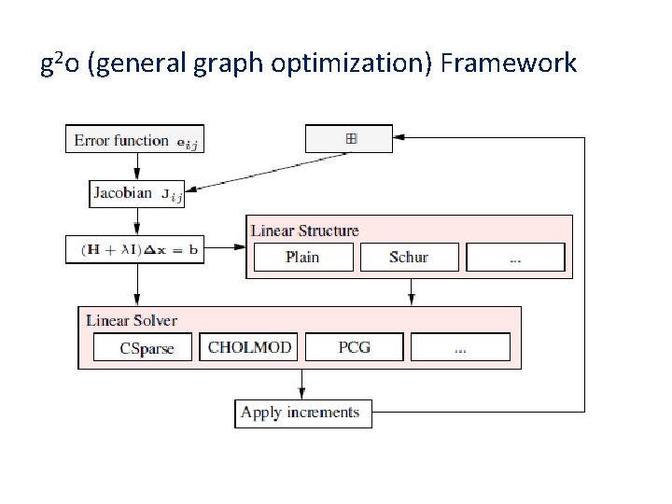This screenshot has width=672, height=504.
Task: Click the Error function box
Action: pos(136,140)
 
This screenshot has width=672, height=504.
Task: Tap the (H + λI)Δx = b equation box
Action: pos(135,250)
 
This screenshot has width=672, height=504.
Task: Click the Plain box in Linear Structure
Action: pos(302,257)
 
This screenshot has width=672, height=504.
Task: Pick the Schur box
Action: pos(409,257)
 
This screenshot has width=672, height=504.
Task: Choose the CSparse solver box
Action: pos(147,348)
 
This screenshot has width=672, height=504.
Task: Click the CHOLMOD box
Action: pos(250,348)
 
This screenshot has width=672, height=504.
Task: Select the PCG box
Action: pos(354,348)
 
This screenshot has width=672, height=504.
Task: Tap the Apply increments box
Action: pos(302,413)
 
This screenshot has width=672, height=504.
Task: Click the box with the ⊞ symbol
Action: pos(351,139)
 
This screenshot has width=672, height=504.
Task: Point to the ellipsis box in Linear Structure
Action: pos(515,257)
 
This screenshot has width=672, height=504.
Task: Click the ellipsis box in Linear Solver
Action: pos(460,348)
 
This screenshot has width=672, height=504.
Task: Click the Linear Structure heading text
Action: pos(304,230)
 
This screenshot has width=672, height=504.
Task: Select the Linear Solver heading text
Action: pos(132,320)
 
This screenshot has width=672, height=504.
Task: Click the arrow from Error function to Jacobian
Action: pos(137,166)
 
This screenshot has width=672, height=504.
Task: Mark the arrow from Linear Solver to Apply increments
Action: pos(301,384)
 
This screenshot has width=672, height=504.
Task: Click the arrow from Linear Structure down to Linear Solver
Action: pos(411,292)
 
